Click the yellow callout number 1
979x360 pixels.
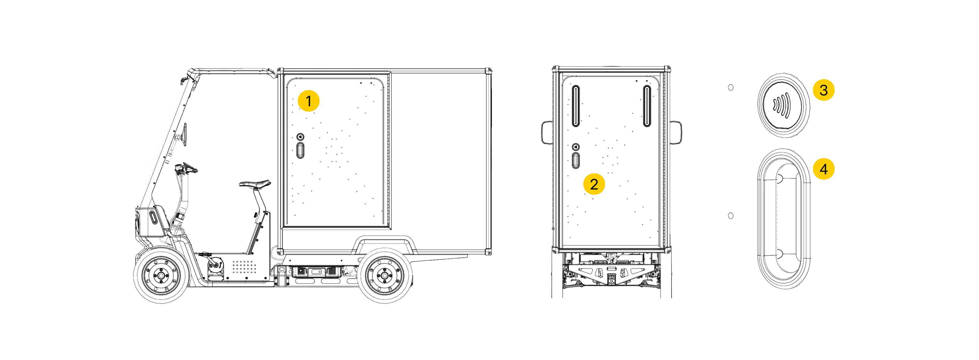click(308, 101)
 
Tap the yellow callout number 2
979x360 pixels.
click(594, 184)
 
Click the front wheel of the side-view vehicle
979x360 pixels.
click(161, 275)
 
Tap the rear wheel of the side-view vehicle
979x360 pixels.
click(385, 275)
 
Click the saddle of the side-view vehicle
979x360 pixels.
click(255, 184)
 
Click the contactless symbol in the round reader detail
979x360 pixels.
click(782, 106)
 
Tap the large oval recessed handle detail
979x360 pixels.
click(784, 219)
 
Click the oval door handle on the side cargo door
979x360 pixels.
click(300, 150)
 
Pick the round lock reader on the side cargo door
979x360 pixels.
click(300, 136)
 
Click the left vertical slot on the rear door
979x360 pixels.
click(576, 106)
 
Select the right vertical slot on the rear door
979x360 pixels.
click(647, 106)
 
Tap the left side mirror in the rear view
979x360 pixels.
click(547, 132)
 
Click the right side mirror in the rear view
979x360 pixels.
click(676, 132)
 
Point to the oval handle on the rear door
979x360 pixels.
click(576, 160)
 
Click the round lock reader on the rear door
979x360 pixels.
click(576, 147)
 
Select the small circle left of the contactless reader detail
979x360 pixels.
click(730, 87)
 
